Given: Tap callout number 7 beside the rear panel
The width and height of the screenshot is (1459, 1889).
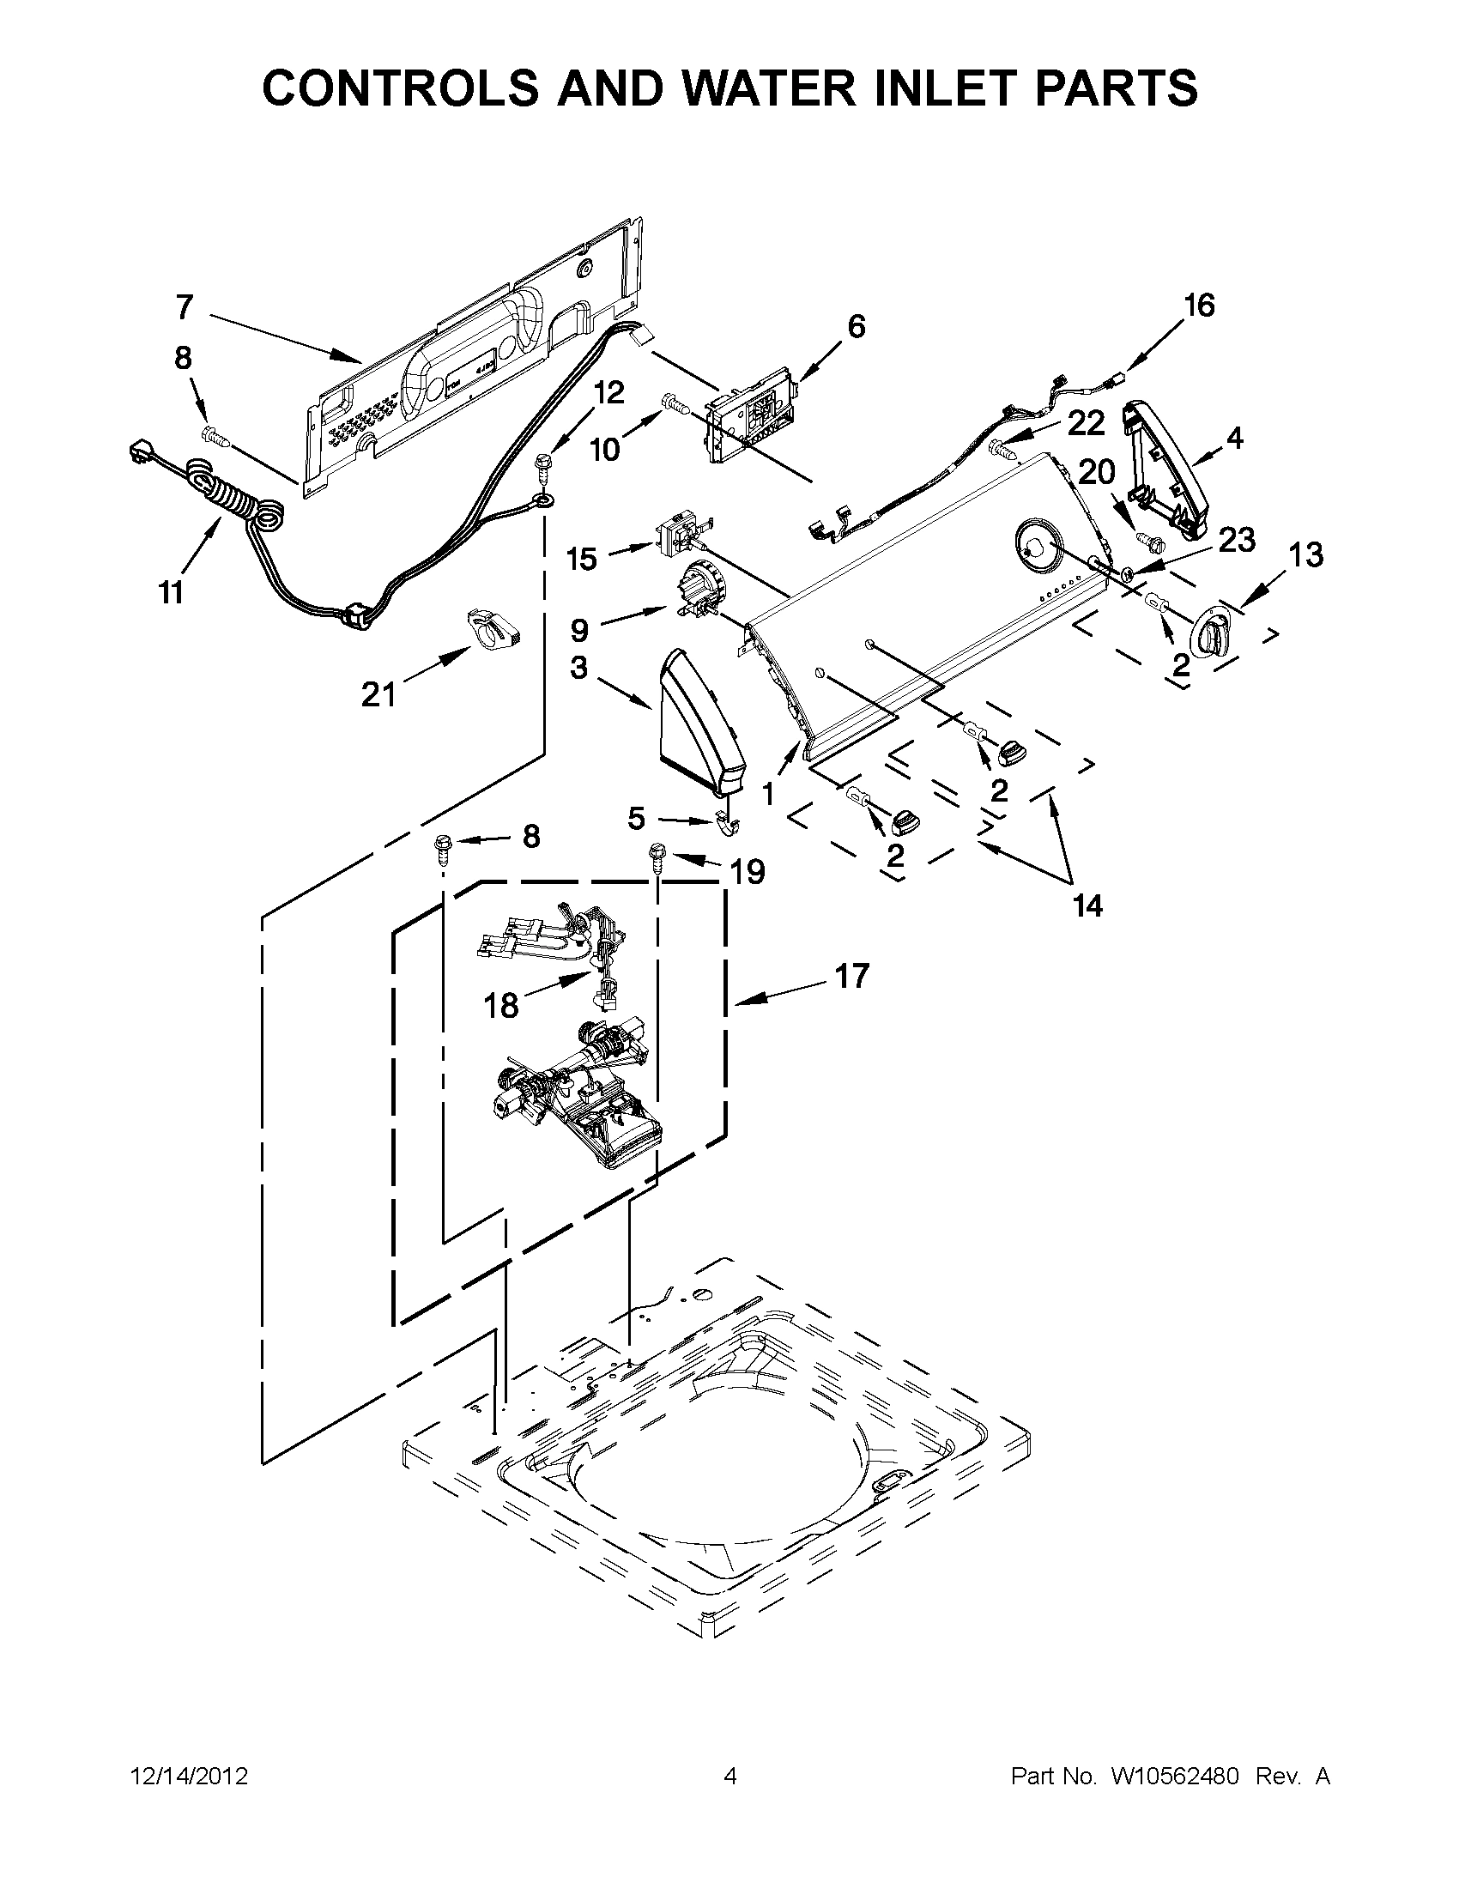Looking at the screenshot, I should click(x=185, y=307).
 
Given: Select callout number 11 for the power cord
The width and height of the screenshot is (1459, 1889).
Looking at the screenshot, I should click(x=172, y=592).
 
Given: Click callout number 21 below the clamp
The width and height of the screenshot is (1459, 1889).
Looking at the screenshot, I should click(x=378, y=693).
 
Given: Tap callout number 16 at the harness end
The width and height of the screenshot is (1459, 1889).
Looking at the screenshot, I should click(x=1199, y=306).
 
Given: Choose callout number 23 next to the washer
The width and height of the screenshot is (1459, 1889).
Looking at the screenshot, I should click(x=1236, y=540).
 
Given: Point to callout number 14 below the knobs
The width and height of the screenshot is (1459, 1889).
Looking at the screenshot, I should click(x=1087, y=905).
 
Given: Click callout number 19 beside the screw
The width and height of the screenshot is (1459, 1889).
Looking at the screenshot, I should click(x=748, y=872).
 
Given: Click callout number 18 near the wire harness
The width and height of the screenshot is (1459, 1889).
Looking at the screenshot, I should click(x=500, y=1004).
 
